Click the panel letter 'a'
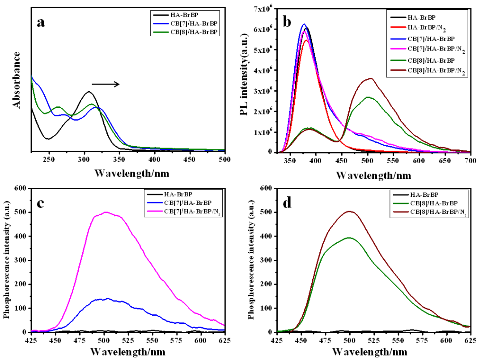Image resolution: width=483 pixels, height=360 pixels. [x=41, y=23]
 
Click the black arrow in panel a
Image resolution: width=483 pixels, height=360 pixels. [x=106, y=84]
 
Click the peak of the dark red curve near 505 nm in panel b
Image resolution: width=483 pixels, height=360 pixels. [x=371, y=79]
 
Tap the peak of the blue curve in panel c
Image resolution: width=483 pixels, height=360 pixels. [x=107, y=298]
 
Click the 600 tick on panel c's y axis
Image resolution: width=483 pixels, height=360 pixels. [x=19, y=188]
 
